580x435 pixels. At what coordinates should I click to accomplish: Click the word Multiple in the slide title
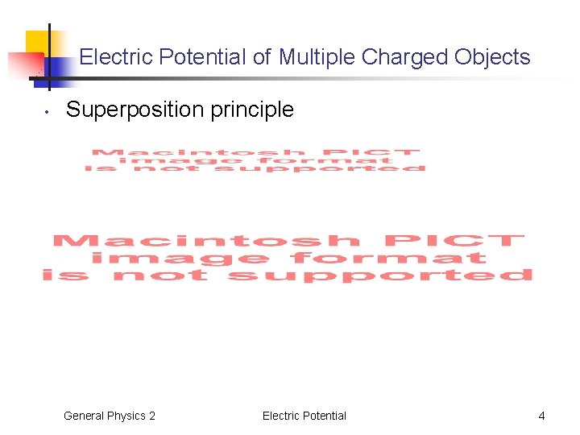point(317,57)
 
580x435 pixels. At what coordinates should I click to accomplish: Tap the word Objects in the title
point(492,57)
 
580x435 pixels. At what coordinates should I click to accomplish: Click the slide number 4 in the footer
point(541,416)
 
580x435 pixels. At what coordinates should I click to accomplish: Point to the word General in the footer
point(85,416)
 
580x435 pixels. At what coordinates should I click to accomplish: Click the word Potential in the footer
point(325,416)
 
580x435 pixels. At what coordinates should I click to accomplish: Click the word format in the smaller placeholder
point(355,160)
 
